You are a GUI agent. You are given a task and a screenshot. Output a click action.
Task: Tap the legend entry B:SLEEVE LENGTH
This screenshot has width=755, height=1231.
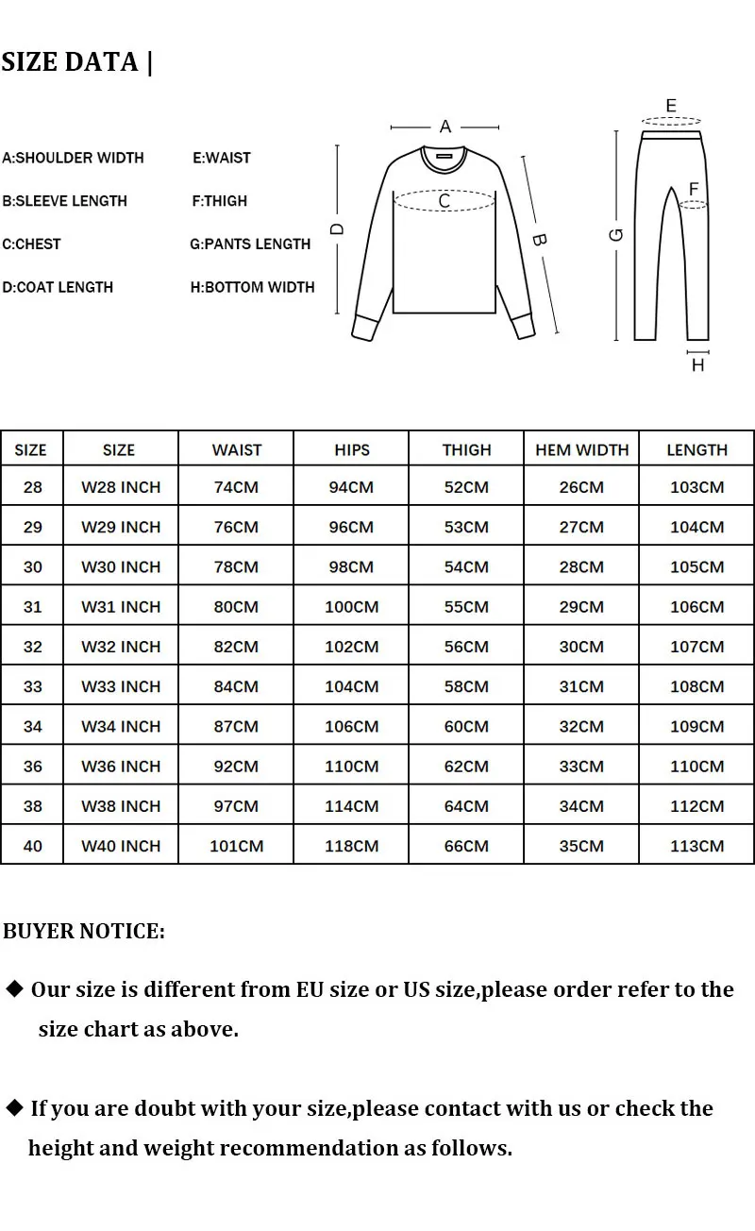point(64,200)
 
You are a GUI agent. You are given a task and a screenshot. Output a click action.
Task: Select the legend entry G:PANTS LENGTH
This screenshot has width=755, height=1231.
point(250,244)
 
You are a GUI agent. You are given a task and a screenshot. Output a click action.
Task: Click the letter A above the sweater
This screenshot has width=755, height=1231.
point(445,126)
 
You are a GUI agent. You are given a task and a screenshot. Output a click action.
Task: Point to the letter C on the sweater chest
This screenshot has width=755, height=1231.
point(444,200)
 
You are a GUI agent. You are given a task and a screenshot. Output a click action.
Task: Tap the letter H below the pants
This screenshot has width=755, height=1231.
point(697,364)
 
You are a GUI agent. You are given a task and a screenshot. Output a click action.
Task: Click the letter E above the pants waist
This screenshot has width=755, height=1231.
point(671,106)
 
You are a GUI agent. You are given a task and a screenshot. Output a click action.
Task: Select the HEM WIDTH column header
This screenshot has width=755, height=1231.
point(581,449)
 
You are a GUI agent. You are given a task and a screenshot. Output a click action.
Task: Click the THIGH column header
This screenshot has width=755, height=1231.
point(466,449)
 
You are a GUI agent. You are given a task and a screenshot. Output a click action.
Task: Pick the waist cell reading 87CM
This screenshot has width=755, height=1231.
point(236,726)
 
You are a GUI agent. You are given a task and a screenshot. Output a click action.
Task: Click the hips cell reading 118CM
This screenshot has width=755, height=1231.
point(351,846)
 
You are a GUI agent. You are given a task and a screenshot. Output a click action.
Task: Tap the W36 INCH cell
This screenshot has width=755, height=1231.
point(121,766)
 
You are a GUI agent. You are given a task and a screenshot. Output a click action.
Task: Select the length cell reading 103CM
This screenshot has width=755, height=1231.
point(696,487)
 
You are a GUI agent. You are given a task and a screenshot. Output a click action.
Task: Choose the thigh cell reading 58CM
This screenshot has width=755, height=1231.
point(466,686)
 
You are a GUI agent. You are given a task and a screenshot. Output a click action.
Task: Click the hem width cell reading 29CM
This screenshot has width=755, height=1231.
point(581,607)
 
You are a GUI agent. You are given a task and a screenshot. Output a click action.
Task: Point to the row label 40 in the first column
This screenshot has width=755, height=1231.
point(33,846)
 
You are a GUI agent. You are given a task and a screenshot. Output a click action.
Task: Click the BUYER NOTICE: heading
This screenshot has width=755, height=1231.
point(84,931)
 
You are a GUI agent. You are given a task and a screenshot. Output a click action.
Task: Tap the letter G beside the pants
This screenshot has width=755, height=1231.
point(617,234)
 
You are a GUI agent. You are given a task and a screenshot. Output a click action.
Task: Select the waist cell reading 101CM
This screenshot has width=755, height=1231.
point(236,846)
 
